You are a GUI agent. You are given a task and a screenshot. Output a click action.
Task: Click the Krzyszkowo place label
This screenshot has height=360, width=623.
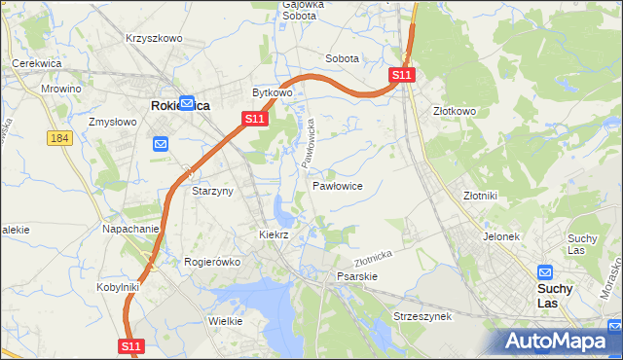point(154,38)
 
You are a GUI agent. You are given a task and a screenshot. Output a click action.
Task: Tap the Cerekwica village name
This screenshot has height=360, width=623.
point(37,63)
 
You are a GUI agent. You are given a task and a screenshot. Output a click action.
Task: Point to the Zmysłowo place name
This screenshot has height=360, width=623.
point(111,123)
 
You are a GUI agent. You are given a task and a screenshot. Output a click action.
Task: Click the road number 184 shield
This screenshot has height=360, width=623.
point(59,138)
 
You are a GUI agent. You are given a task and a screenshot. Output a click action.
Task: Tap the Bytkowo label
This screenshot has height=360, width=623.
point(273,92)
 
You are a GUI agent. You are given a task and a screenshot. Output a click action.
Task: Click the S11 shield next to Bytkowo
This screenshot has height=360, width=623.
point(253,119)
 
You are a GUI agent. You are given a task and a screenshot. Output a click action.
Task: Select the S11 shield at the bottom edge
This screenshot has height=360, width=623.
point(132,345)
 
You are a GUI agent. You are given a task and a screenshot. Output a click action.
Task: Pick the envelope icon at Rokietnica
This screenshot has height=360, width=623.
point(186,102)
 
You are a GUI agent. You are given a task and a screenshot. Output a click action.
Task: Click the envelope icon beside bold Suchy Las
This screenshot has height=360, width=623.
point(545,273)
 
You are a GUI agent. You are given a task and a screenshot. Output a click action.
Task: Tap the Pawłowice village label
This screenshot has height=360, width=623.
point(338,185)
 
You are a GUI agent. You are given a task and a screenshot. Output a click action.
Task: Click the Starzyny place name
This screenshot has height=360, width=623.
point(211,191)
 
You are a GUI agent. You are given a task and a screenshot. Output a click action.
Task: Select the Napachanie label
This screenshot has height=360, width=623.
point(130,229)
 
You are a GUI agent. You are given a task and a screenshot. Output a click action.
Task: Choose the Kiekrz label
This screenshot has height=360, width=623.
point(275,234)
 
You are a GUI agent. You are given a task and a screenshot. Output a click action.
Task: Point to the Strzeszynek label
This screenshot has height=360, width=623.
point(421,317)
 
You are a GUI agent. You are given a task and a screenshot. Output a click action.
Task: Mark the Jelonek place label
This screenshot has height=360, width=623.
point(501,236)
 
